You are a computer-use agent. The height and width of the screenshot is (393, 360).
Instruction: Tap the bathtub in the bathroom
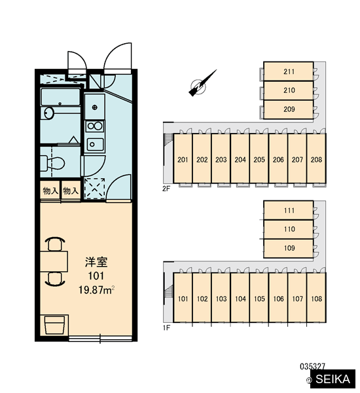[60, 97]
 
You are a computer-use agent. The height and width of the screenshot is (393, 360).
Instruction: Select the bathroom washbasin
[48, 113]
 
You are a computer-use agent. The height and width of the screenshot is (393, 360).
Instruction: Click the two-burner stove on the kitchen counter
[94, 126]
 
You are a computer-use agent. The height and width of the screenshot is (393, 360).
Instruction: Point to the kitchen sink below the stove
[95, 144]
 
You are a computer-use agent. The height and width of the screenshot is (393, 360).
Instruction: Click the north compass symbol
[200, 84]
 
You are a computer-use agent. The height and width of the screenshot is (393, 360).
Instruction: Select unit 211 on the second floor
[289, 71]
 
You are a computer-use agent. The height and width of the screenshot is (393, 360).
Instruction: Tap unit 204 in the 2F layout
[240, 159]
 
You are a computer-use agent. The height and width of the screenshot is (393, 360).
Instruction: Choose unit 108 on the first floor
[316, 297]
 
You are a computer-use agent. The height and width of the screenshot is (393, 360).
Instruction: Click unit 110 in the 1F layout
[289, 229]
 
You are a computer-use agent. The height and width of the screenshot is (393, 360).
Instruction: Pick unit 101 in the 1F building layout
[183, 297]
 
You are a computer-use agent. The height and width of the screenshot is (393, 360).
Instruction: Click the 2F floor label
[166, 189]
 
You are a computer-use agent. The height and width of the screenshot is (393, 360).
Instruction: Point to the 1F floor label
[166, 327]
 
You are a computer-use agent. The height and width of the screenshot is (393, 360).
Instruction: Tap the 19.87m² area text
[96, 290]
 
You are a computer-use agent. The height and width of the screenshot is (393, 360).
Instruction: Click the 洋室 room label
[96, 262]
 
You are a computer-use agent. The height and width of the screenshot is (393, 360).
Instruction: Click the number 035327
[312, 366]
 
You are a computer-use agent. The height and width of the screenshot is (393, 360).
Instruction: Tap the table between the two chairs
[54, 261]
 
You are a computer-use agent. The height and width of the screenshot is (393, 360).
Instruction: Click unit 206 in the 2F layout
[278, 159]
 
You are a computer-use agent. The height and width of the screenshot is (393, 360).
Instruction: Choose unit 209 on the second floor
[289, 109]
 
